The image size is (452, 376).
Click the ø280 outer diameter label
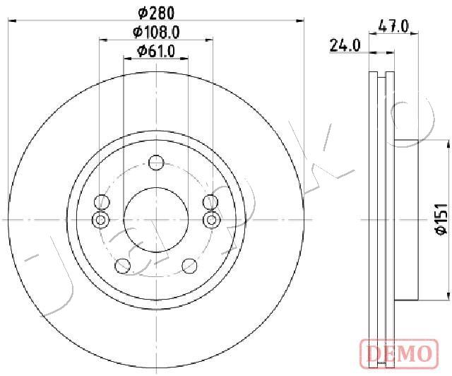[155, 12]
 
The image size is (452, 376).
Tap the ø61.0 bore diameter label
[155, 50]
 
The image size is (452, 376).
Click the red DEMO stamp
[400, 351]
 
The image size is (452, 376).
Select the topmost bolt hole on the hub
[156, 164]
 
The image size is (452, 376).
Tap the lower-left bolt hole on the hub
[123, 266]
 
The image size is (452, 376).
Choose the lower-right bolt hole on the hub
[189, 266]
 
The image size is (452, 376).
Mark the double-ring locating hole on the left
[101, 220]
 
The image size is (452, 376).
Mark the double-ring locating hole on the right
[210, 220]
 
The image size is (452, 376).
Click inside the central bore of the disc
[156, 219]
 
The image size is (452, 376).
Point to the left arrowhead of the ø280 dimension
[11, 21]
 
